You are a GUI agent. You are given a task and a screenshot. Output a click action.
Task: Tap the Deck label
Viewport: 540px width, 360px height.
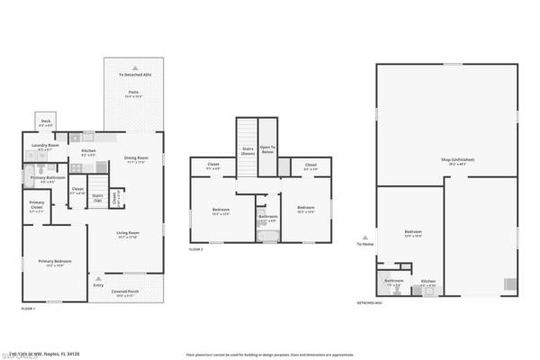coord(46,122)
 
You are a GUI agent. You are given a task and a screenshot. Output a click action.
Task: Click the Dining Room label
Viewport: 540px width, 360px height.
coord(136,160)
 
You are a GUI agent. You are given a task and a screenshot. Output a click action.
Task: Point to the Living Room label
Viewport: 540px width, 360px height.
coord(128,234)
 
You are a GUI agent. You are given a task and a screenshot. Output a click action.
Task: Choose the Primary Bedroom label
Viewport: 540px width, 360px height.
coord(55,262)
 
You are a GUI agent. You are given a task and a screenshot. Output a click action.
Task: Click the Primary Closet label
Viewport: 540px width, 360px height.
coord(36,204)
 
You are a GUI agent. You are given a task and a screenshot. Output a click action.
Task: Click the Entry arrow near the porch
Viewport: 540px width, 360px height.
coord(97,277)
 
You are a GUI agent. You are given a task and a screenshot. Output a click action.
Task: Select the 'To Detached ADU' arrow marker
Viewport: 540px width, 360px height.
coord(135,67)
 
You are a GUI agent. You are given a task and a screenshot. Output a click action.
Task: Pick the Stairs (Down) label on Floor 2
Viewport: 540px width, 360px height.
coord(247,150)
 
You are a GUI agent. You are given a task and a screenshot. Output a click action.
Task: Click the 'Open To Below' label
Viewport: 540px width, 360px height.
coord(267,148)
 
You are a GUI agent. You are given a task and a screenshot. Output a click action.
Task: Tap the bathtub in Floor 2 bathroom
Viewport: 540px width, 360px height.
coord(267,237)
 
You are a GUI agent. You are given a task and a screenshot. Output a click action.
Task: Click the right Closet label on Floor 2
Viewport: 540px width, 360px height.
coord(310,165)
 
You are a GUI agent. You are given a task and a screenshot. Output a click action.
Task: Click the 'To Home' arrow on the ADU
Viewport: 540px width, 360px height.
coord(364,238)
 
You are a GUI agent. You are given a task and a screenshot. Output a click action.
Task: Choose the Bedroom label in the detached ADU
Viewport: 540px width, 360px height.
coord(413,233)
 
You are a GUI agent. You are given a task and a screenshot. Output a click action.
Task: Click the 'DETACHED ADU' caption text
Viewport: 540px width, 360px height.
coord(370,303)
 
